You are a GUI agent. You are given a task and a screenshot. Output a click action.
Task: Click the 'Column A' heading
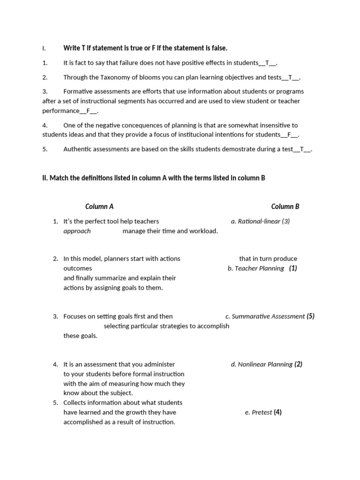pos(99,206)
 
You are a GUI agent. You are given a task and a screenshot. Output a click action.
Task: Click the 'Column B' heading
pos(285,206)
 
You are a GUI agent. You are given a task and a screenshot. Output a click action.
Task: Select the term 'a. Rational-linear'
pos(255,221)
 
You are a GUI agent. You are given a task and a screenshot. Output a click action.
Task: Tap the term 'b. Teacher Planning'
pos(256,269)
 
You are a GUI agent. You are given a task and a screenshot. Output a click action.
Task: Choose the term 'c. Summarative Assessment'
pos(265,316)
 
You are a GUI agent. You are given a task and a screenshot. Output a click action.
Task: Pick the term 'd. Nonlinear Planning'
pos(262,364)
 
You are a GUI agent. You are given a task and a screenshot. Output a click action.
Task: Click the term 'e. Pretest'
pos(258,412)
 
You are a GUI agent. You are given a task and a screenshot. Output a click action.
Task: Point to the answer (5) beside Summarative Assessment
pos(310,316)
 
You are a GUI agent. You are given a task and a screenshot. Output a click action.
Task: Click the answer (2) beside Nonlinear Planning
pos(298,364)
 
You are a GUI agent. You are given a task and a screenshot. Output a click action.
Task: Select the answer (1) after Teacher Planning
pos(293,269)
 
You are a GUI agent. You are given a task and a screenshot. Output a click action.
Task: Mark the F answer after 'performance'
pos(89,111)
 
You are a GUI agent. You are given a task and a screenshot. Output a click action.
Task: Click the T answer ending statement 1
pos(267,63)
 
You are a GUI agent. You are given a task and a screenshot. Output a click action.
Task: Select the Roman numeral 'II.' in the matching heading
pos(45,178)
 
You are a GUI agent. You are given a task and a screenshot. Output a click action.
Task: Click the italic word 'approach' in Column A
pos(77,231)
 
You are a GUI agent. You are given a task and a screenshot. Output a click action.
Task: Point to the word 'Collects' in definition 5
pos(76,403)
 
